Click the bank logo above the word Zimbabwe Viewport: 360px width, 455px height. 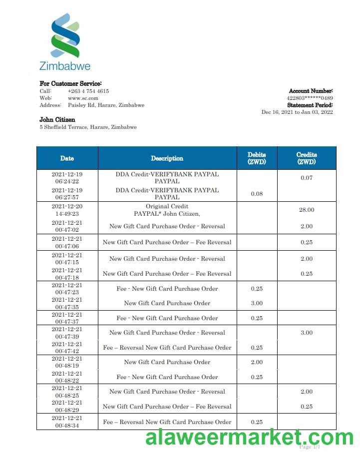pos(65,35)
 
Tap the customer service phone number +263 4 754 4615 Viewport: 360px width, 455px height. pos(88,91)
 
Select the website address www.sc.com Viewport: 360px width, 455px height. pos(83,98)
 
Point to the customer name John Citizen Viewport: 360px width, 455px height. pos(57,120)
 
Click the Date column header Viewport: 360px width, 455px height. pos(67,158)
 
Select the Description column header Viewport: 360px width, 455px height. pos(167,158)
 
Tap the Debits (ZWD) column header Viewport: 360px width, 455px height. pos(257,158)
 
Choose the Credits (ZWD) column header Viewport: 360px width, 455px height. pos(307,158)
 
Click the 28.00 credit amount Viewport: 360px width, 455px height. pos(307,210)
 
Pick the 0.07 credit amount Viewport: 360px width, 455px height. pos(307,178)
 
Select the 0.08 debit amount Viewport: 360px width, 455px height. pos(257,194)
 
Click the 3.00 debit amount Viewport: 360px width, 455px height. pos(257,303)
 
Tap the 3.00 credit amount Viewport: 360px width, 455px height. pos(307,333)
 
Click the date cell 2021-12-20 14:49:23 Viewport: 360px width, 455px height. pos(67,210)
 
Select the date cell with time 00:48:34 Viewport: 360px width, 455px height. pos(67,422)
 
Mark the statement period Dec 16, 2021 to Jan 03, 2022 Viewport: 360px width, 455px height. pos(297,112)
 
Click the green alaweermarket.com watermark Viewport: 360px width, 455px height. pos(249,438)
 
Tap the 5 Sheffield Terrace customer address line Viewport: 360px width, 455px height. pos(88,127)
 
